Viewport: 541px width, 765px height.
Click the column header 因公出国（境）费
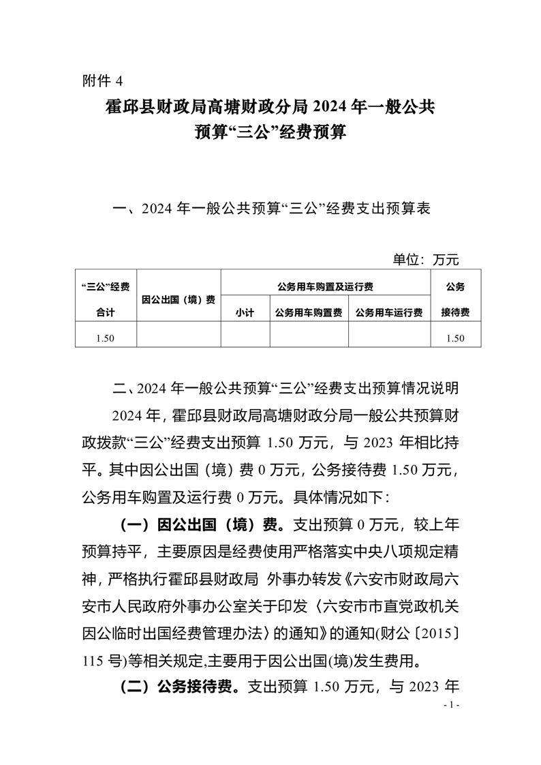point(179,299)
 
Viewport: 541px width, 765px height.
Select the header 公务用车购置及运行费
point(326,286)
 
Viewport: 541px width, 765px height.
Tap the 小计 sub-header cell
point(245,312)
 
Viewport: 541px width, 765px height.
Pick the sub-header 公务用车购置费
point(309,312)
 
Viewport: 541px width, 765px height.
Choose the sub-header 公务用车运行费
point(389,312)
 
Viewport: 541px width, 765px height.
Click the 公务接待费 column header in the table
point(455,299)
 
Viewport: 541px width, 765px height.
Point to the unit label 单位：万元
point(426,259)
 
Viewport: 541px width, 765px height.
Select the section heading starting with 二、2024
point(285,390)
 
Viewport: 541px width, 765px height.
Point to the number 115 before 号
point(92,660)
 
